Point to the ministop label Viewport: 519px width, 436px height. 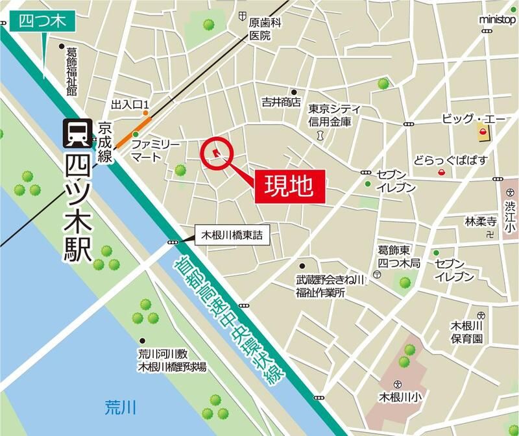pyautogui.click(x=498, y=19)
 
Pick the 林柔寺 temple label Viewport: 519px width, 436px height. pyautogui.click(x=480, y=222)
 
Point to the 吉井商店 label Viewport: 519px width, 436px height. pyautogui.click(x=281, y=102)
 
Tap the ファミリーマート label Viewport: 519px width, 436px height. pyautogui.click(x=151, y=150)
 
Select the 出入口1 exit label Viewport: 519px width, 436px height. pyautogui.click(x=130, y=104)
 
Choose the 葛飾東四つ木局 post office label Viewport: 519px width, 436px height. pyautogui.click(x=398, y=257)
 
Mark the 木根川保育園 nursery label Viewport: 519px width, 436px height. pyautogui.click(x=468, y=332)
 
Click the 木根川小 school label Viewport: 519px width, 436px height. pyautogui.click(x=400, y=396)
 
